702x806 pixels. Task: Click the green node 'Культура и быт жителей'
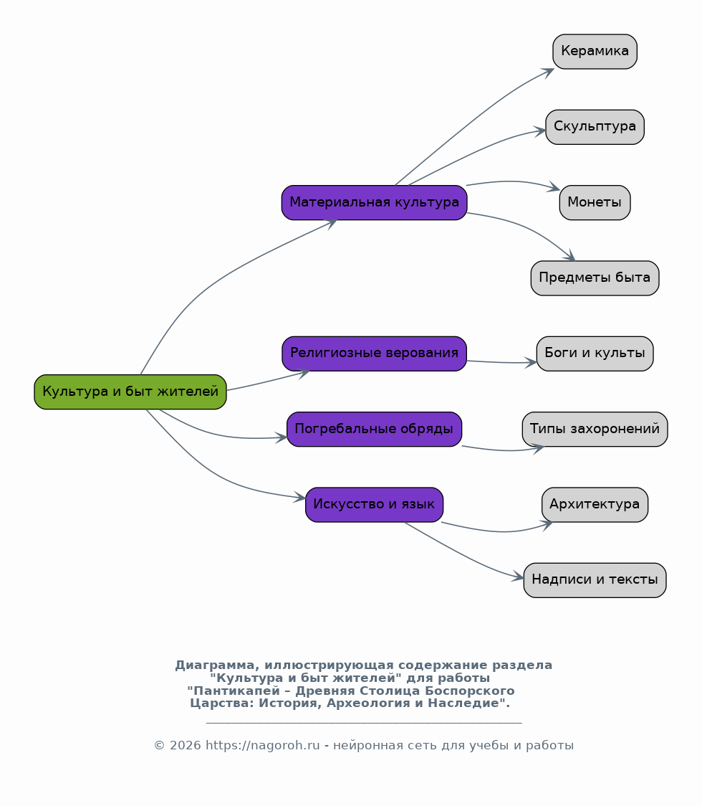coord(130,392)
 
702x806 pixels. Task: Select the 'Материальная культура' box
coord(375,202)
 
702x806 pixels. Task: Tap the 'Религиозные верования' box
coord(375,354)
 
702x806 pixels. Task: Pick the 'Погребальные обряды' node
coord(375,430)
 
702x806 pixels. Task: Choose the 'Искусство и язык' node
coord(375,505)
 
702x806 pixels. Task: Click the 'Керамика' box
coord(595,52)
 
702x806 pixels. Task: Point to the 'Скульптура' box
coord(595,127)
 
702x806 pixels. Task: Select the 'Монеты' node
coord(595,202)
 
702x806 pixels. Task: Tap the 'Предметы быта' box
coord(595,278)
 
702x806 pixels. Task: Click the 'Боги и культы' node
coord(595,354)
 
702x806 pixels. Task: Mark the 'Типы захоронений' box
coord(595,430)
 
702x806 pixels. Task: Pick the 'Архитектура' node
coord(595,505)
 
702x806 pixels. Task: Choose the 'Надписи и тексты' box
coord(595,580)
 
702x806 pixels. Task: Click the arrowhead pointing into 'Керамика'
coord(549,72)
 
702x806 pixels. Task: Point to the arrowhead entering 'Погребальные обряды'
coord(282,438)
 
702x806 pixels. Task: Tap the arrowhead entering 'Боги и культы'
coord(531,363)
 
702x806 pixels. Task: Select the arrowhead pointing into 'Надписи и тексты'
coord(518,577)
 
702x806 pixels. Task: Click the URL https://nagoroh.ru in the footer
coord(262,745)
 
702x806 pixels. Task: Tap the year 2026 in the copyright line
coord(186,745)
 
